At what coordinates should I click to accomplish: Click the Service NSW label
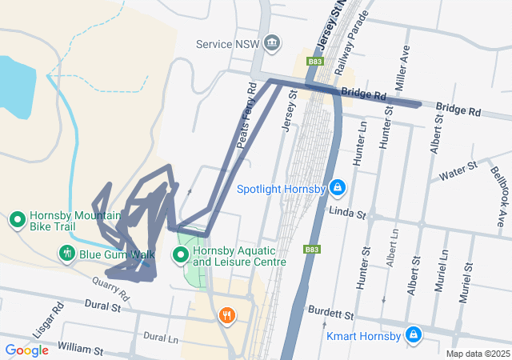pyautogui.click(x=228, y=42)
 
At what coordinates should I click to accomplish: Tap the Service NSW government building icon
pyautogui.click(x=271, y=42)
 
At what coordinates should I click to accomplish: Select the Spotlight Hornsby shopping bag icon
pyautogui.click(x=338, y=189)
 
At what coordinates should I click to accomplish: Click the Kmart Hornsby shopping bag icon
pyautogui.click(x=413, y=334)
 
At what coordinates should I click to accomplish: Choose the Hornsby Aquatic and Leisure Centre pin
pyautogui.click(x=181, y=255)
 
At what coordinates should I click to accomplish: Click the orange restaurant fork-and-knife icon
pyautogui.click(x=228, y=315)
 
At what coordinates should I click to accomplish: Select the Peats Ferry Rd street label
pyautogui.click(x=247, y=116)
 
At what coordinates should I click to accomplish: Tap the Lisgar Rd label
pyautogui.click(x=56, y=318)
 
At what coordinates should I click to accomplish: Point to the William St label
pyautogui.click(x=80, y=350)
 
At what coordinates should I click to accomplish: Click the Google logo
pyautogui.click(x=26, y=350)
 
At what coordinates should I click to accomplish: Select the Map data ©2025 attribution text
pyautogui.click(x=478, y=354)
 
